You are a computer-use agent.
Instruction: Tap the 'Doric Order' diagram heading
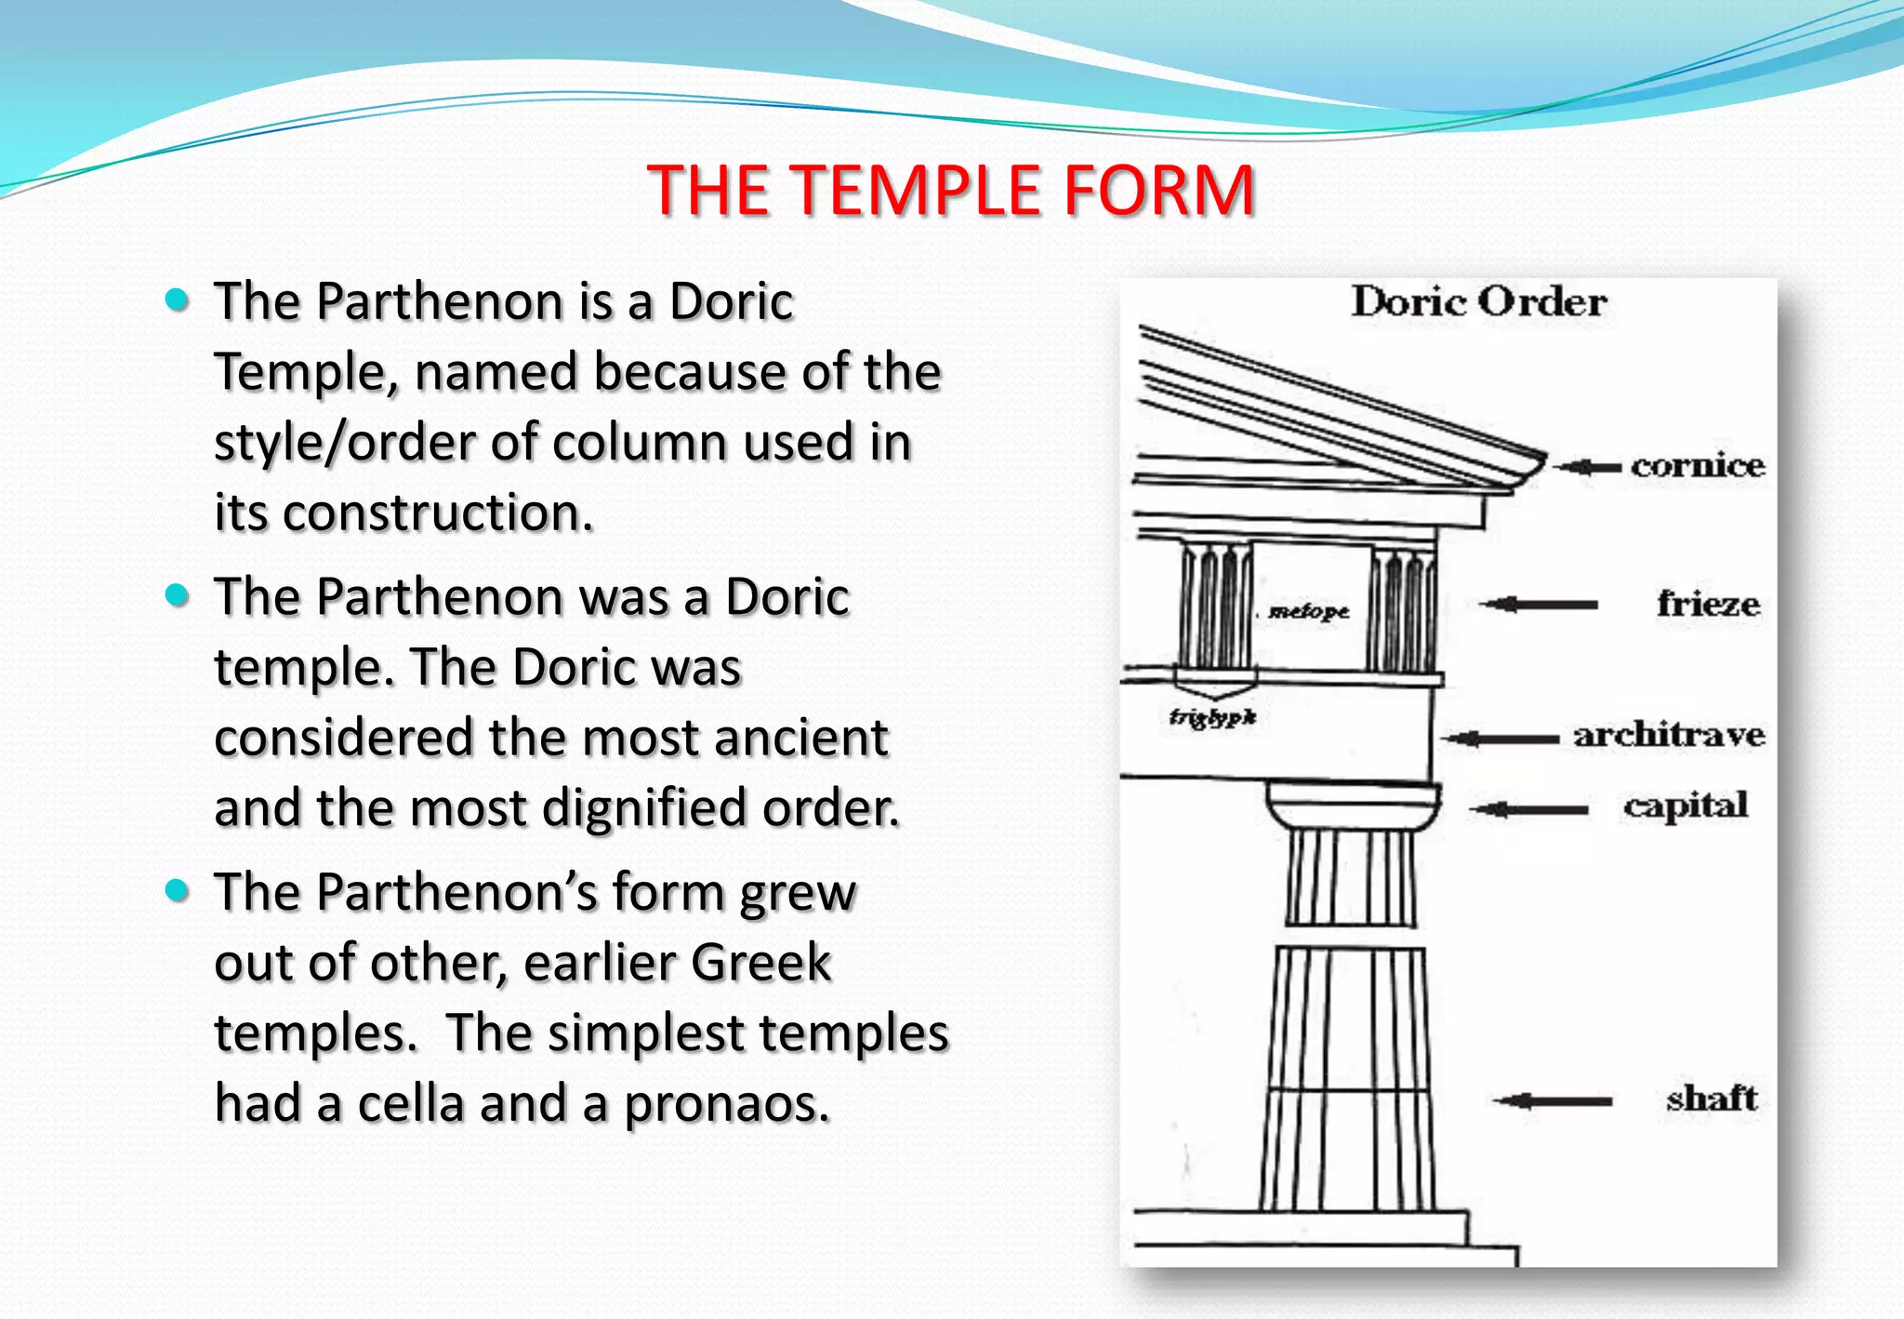tap(1478, 302)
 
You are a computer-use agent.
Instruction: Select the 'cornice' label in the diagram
tap(1698, 465)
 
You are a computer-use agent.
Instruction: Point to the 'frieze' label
tap(1708, 605)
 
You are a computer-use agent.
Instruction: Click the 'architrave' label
tap(1669, 736)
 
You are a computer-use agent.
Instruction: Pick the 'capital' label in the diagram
tap(1686, 806)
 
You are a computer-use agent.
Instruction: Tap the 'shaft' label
tap(1712, 1099)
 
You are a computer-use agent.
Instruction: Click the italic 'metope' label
tap(1309, 611)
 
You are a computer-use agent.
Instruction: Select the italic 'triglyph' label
tap(1212, 717)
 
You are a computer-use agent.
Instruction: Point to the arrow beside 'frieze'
tap(1539, 605)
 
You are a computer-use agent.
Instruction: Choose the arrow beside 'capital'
tap(1529, 808)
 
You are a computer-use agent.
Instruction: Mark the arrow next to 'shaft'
tap(1553, 1101)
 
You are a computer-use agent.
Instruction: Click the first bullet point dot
tap(177, 300)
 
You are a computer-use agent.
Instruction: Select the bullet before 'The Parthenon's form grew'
tap(177, 891)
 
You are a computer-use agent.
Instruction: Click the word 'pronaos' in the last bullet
tap(725, 1104)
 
